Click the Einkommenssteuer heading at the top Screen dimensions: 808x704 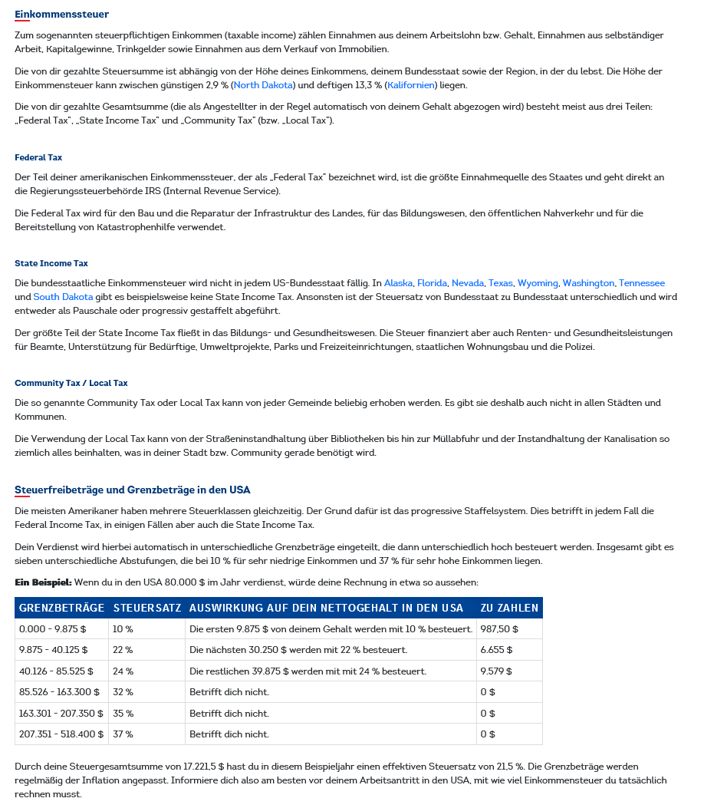pos(61,15)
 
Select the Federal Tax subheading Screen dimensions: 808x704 pos(38,157)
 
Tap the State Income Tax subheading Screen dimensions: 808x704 pos(51,263)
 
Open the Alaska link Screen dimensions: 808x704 pos(398,283)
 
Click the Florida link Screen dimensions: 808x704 pos(432,283)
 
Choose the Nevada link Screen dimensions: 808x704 pos(468,283)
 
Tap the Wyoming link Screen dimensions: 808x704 pos(538,283)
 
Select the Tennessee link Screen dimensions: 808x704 pos(642,283)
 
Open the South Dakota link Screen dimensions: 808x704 pos(63,297)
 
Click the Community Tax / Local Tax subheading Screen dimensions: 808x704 pos(71,383)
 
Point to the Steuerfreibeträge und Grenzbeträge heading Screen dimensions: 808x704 pos(133,490)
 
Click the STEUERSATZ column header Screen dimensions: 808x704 pos(147,608)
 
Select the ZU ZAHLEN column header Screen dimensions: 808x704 pos(509,608)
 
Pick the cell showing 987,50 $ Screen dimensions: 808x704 pos(499,629)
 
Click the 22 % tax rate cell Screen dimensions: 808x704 pos(123,650)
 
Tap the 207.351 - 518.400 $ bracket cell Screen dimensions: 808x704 pos(61,734)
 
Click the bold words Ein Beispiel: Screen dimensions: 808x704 pos(43,582)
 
